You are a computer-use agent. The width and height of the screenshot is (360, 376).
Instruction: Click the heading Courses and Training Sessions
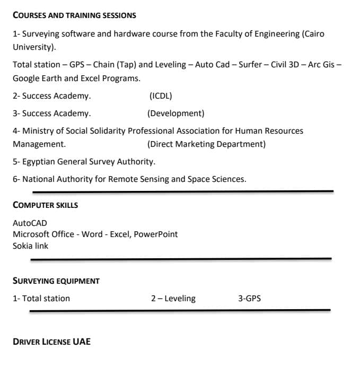click(74, 15)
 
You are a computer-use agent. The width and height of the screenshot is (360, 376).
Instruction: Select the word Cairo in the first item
click(313, 34)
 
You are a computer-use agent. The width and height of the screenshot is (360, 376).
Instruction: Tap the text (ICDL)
click(161, 96)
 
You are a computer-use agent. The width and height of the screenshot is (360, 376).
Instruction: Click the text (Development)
click(175, 113)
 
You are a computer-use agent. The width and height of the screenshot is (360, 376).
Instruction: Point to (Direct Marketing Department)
click(206, 144)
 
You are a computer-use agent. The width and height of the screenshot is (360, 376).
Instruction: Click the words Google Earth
click(37, 78)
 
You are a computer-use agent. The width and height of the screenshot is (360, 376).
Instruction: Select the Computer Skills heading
click(46, 205)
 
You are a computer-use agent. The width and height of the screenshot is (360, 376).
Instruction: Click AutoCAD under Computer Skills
click(30, 223)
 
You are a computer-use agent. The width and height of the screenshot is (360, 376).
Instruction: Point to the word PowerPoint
click(156, 234)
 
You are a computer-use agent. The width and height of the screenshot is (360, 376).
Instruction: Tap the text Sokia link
click(30, 246)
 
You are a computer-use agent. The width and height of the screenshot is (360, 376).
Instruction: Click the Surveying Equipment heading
click(56, 281)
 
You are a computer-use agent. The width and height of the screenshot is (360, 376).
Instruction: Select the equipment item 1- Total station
click(41, 299)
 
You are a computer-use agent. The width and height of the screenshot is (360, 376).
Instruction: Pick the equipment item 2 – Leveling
click(173, 299)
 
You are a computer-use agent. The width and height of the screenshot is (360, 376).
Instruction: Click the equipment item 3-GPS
click(249, 299)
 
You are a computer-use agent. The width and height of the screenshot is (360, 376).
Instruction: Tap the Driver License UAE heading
click(51, 342)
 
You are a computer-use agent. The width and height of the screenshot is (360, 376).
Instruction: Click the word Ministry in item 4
click(40, 131)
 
